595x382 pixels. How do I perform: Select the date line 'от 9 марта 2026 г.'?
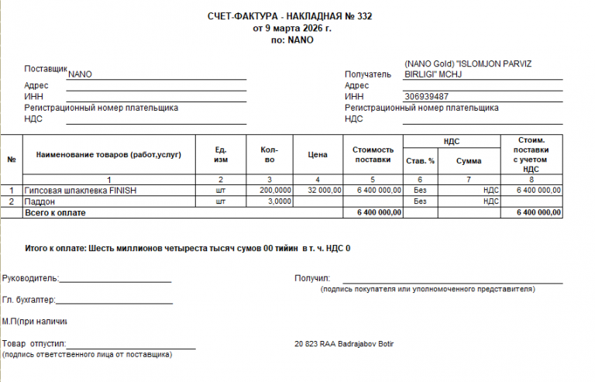pos(292,28)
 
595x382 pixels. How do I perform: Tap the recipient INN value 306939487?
pos(427,97)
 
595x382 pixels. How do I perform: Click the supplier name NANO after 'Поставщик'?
pos(81,75)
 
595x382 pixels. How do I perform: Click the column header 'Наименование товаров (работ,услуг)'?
pos(108,155)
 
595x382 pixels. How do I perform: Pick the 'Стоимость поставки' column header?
pos(373,155)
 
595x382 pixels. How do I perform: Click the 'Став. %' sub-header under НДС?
pos(420,161)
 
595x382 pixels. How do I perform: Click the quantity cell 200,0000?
pos(276,190)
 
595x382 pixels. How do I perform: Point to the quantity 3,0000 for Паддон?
pos(278,201)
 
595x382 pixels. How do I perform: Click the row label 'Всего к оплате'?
pos(55,212)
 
